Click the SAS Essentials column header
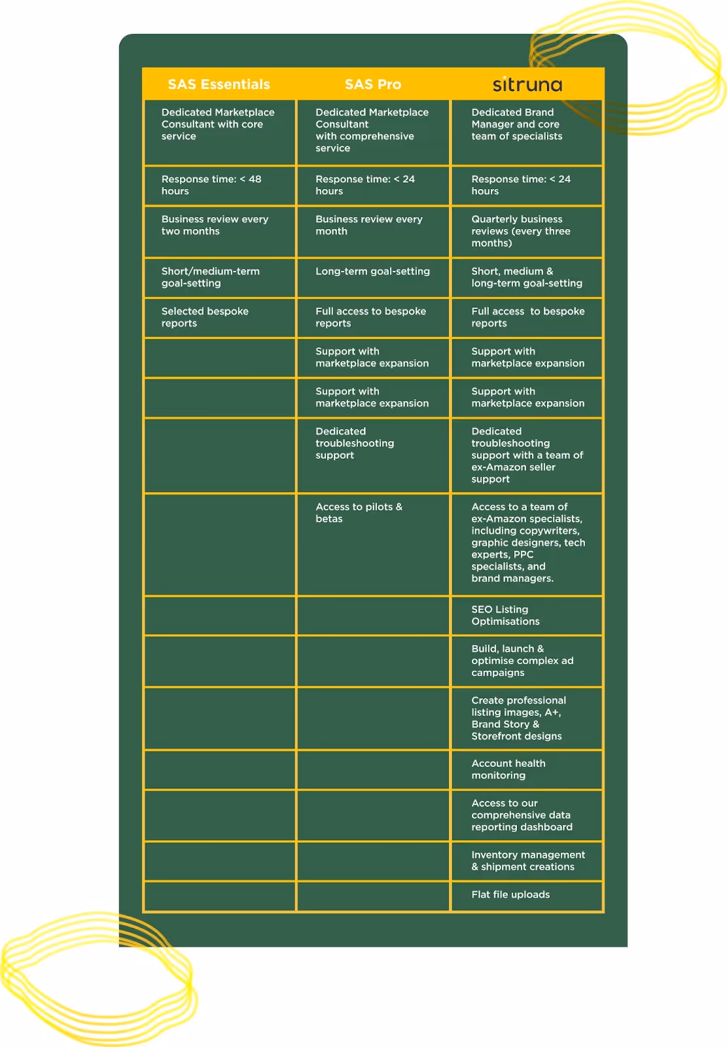click(x=219, y=84)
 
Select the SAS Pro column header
click(x=372, y=84)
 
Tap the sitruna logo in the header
click(x=527, y=84)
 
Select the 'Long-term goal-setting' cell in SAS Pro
click(x=372, y=272)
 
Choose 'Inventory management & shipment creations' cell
click(x=527, y=861)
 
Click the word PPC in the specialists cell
click(x=523, y=554)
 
